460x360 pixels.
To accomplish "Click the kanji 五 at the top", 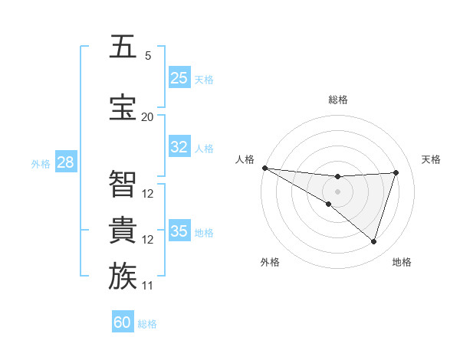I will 123,47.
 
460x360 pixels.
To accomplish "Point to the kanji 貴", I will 123,230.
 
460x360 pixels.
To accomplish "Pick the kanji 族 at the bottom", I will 123,277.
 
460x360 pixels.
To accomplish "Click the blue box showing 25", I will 179,78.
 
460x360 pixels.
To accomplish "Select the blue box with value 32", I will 179,147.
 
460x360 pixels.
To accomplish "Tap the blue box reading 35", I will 179,231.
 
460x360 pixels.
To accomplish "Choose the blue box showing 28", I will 65,162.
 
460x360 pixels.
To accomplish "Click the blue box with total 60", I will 123,322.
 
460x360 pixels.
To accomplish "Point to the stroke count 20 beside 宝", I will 147,116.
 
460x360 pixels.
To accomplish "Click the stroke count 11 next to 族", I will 148,286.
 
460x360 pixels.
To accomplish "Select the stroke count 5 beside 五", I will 147,55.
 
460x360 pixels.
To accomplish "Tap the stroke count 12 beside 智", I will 148,193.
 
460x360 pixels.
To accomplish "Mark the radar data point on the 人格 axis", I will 264,168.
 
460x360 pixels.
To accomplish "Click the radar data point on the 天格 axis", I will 396,172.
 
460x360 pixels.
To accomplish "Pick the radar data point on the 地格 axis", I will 373,242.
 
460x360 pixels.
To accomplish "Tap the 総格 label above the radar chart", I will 337,100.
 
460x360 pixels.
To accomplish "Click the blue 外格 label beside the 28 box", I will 41,163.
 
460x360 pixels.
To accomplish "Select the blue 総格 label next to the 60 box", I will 147,324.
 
